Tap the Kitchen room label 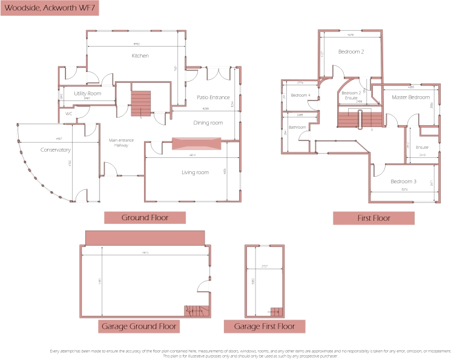click(x=140, y=56)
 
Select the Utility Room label click(x=87, y=94)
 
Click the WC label click(x=69, y=113)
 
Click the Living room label click(x=195, y=172)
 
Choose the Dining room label click(x=208, y=123)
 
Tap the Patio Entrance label click(x=213, y=97)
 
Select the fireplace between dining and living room click(x=195, y=143)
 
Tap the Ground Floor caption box click(x=145, y=218)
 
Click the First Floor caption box click(x=373, y=218)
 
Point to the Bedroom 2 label click(x=351, y=52)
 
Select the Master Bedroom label click(x=410, y=97)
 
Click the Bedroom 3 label click(x=403, y=182)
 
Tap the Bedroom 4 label click(x=300, y=95)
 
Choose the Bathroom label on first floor click(x=297, y=127)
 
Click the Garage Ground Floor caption click(x=139, y=327)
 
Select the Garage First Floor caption click(x=264, y=327)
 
